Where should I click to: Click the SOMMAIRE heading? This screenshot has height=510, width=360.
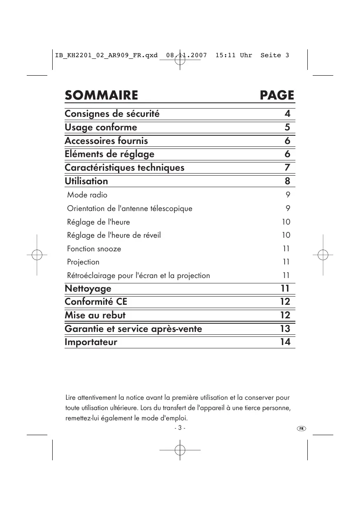point(101,95)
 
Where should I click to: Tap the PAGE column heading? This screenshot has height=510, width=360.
point(277,95)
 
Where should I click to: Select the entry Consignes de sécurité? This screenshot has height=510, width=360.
point(112,114)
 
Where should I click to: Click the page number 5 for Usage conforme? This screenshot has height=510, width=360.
point(287,128)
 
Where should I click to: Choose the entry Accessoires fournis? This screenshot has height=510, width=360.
point(106,141)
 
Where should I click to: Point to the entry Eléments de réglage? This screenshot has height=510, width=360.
point(109,154)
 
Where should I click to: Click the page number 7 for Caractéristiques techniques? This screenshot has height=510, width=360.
point(287,168)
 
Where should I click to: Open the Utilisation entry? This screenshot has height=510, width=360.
point(86,181)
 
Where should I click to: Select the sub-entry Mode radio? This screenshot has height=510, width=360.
point(87,195)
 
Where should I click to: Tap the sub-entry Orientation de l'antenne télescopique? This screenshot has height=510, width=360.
point(130,209)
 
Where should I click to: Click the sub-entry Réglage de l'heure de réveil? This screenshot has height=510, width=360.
point(114,235)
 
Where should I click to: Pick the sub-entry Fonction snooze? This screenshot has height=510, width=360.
point(94,249)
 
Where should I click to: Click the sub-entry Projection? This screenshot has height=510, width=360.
point(83,262)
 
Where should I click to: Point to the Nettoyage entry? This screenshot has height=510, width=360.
point(88,289)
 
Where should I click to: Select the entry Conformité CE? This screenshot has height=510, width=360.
point(96,302)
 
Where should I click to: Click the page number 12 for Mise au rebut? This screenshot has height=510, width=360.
point(285,315)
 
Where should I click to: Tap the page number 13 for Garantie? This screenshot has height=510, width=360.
point(285,329)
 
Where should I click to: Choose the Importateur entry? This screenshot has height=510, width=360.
point(91,342)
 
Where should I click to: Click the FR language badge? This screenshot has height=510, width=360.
point(302,428)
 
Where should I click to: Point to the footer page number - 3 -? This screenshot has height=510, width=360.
point(180,428)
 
